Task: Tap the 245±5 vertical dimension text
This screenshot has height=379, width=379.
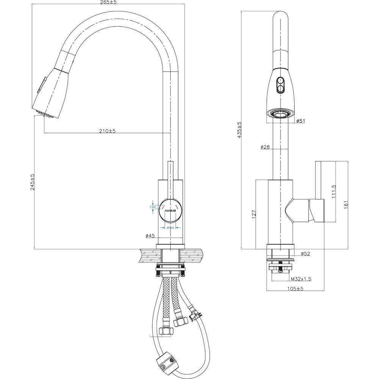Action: click(32, 182)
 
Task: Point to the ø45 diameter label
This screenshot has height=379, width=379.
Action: click(150, 236)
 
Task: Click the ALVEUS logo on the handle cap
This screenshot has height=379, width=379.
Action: click(171, 208)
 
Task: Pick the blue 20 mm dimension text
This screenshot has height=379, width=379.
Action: click(170, 228)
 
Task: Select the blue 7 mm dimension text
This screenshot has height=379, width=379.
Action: click(153, 207)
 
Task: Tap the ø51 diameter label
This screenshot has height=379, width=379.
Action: click(302, 121)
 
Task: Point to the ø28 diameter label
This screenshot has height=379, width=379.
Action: click(265, 147)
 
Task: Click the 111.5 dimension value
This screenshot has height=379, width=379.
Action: click(333, 192)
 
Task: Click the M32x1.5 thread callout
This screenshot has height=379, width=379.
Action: click(301, 279)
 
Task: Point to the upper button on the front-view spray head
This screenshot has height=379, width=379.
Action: click(280, 80)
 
